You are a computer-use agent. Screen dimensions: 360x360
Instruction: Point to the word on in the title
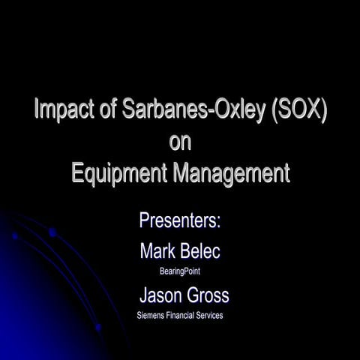point(180,142)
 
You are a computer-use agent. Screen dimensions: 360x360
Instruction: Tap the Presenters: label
point(180,220)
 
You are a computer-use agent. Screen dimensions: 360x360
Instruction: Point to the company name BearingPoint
point(180,271)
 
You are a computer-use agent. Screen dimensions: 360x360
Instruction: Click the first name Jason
point(161,294)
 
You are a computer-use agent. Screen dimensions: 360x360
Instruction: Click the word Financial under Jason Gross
point(185,316)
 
